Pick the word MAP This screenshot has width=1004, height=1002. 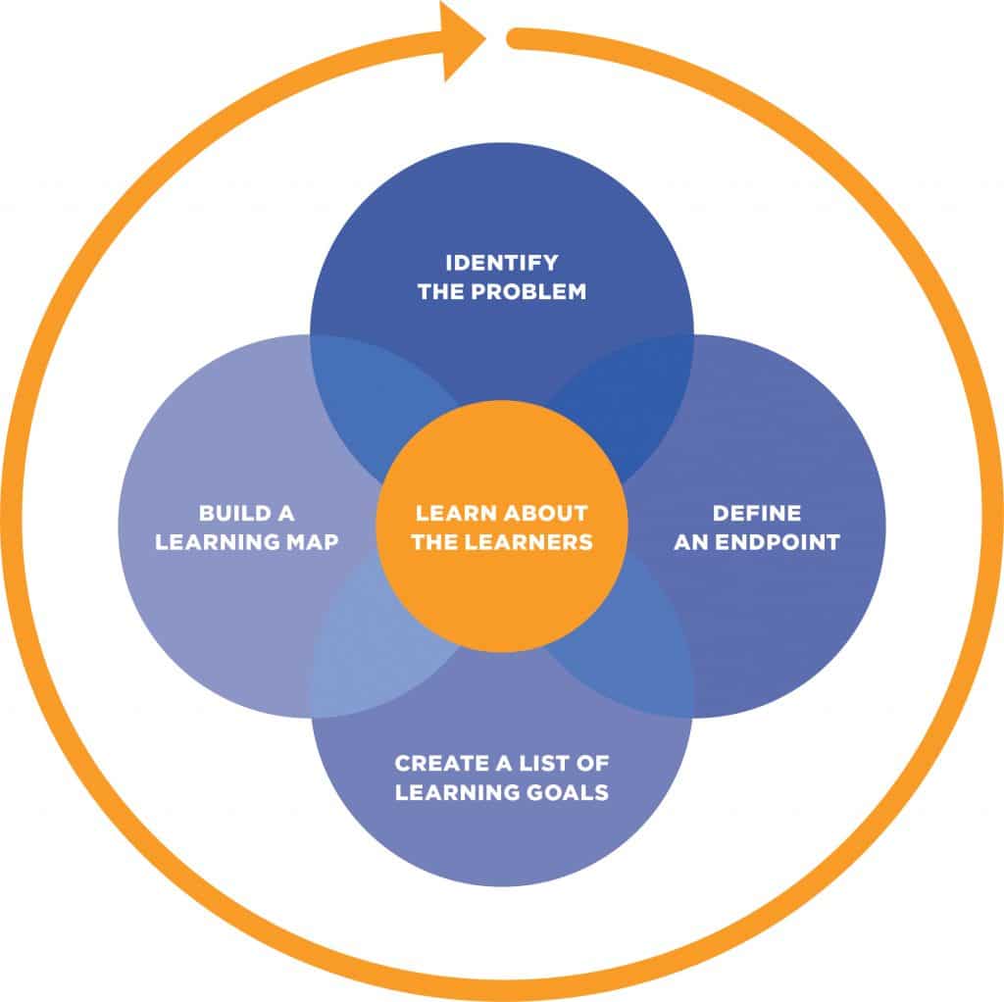point(312,541)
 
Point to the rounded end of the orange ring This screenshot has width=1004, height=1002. point(514,38)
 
